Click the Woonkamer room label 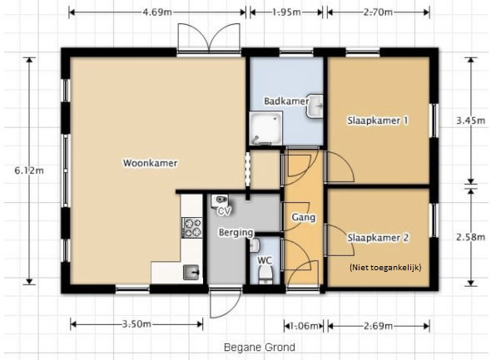pyautogui.click(x=151, y=163)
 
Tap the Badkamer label pyautogui.click(x=286, y=101)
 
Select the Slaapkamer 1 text pyautogui.click(x=378, y=121)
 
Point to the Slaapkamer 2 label pyautogui.click(x=378, y=238)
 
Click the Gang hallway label pyautogui.click(x=304, y=217)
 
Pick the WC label pyautogui.click(x=265, y=260)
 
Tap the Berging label pyautogui.click(x=236, y=233)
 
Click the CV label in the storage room pyautogui.click(x=224, y=211)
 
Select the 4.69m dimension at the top pyautogui.click(x=157, y=12)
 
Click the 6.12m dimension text pyautogui.click(x=29, y=170)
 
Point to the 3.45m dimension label pyautogui.click(x=471, y=121)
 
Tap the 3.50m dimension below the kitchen pyautogui.click(x=136, y=324)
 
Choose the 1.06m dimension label pyautogui.click(x=304, y=326)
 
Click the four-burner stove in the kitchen pyautogui.click(x=192, y=228)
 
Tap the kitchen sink pyautogui.click(x=191, y=272)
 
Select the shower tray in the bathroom pyautogui.click(x=265, y=128)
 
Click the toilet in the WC pyautogui.click(x=265, y=275)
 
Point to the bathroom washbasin pyautogui.click(x=315, y=106)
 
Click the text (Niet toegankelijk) pyautogui.click(x=385, y=268)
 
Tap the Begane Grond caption pyautogui.click(x=260, y=348)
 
